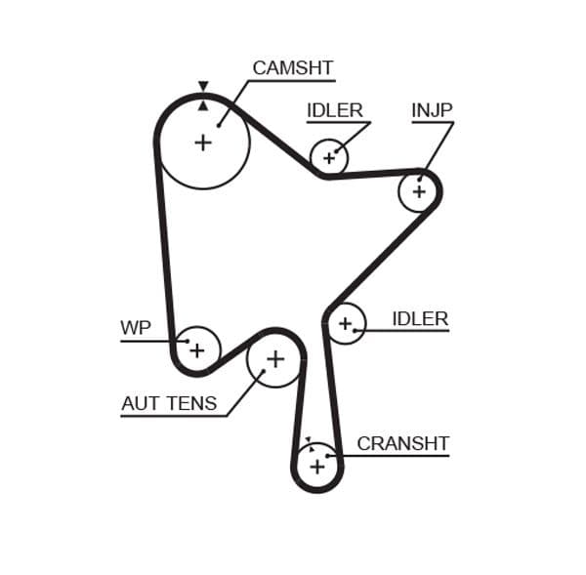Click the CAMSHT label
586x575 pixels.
coord(292,68)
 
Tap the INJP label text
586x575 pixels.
coord(432,110)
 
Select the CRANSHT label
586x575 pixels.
coord(402,443)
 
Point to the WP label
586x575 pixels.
coord(136,328)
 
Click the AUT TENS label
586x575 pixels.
coord(169,403)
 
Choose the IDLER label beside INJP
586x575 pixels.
coord(334,110)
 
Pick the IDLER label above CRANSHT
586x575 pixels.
coord(419,318)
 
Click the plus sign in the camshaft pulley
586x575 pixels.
coord(202,143)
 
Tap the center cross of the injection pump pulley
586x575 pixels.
coord(419,191)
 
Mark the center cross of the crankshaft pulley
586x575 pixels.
coord(316,468)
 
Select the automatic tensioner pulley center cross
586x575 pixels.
coord(274,359)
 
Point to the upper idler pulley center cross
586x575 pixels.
coord(329,156)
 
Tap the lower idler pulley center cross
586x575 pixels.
coord(345,323)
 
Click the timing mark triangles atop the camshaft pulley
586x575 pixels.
coord(202,95)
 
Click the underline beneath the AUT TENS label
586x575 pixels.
coord(174,417)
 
